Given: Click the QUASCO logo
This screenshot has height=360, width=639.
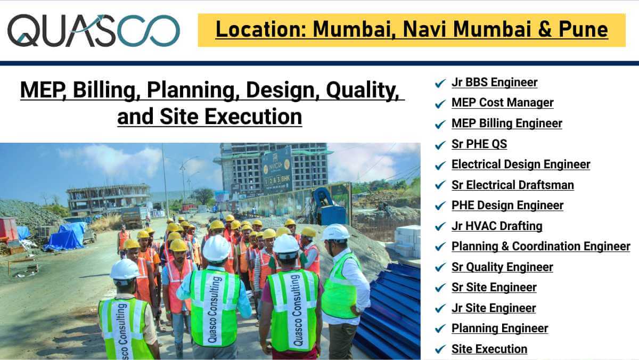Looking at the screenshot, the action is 94,30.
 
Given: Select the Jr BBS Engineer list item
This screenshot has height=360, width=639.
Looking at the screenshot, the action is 494,83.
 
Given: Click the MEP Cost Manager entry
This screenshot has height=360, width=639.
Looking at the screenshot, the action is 502,103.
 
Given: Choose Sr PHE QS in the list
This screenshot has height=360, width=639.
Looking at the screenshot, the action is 479,144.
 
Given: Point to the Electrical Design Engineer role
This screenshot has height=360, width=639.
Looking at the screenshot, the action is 521,165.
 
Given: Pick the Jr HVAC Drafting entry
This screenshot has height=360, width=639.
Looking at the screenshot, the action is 497,226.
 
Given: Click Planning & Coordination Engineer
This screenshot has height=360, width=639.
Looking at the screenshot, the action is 541,247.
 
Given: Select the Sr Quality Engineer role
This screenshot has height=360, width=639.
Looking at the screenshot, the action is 502,267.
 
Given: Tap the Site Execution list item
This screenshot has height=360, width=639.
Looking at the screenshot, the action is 489,349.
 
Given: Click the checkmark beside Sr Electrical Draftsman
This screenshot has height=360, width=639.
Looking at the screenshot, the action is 440,185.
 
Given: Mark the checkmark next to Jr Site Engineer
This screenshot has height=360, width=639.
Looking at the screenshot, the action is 440,308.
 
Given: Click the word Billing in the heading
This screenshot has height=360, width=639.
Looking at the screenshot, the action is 106,91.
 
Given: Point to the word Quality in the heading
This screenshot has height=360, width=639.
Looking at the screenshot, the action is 362,91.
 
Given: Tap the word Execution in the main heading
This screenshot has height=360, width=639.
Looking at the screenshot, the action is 253,117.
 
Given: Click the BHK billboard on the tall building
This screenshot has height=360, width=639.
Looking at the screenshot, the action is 277,170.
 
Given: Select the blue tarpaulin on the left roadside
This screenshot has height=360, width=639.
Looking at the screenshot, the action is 66,236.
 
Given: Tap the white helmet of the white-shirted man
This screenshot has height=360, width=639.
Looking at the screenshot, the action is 335,232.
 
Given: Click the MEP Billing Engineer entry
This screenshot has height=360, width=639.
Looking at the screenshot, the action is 506,124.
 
